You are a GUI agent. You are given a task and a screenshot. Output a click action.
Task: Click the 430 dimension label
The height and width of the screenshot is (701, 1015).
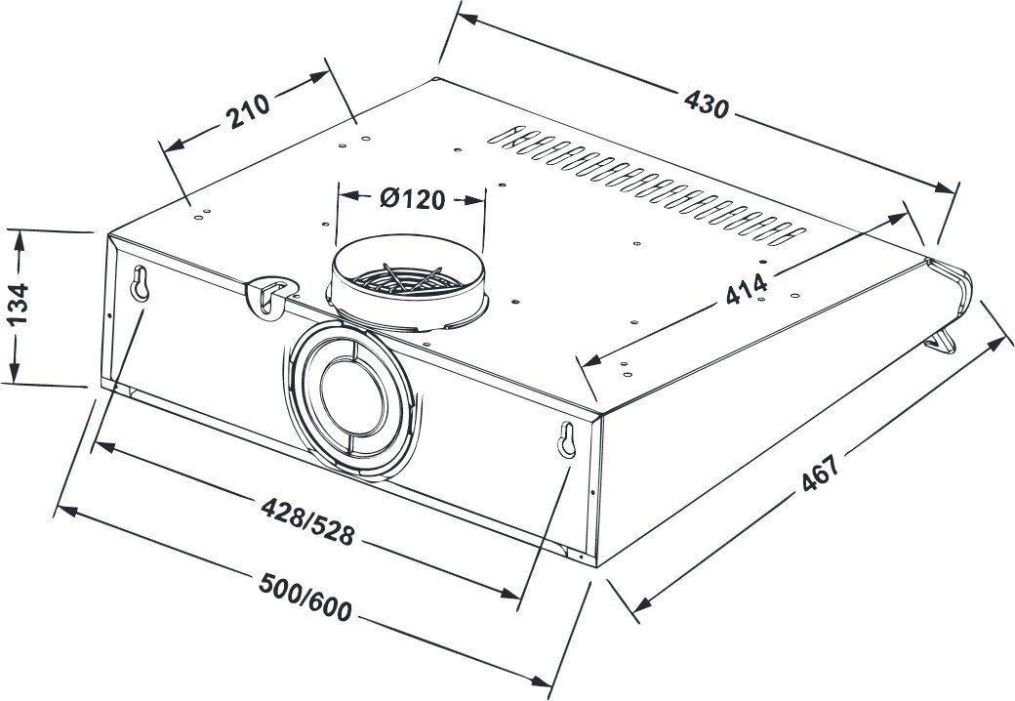707,104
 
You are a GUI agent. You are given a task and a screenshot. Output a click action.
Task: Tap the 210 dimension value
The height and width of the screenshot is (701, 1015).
247,111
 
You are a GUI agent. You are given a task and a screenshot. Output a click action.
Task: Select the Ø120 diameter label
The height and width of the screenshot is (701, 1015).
412,199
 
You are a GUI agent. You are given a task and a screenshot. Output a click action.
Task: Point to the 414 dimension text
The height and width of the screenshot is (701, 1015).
747,289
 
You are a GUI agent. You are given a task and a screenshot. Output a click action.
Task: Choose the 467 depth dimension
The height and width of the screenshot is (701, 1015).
820,474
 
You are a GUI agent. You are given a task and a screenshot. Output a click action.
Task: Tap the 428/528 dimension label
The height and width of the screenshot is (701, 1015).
308,521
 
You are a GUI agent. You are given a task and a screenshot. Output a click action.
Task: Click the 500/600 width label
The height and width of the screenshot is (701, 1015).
304,597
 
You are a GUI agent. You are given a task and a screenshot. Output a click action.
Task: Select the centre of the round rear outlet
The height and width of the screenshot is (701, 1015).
351,395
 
